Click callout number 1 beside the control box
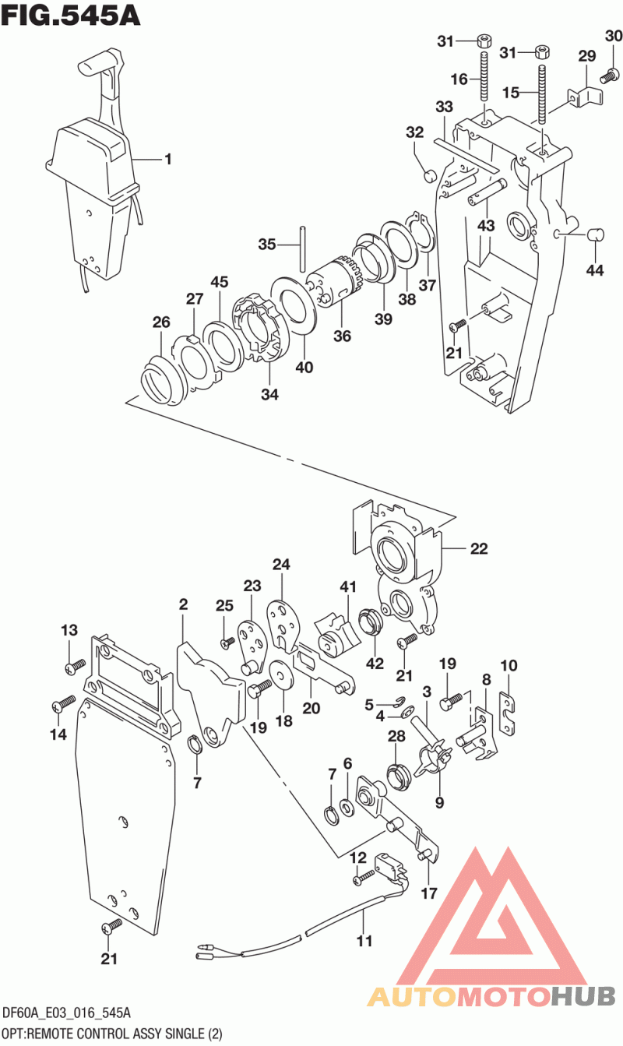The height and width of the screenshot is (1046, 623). coord(168,159)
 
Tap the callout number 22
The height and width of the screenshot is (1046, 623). coord(479,548)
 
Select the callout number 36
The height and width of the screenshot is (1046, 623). coord(342,336)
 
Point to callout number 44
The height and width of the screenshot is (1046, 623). coord(594,270)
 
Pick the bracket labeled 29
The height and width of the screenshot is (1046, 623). coord(585,97)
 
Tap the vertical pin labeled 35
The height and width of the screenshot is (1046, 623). coord(303,249)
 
